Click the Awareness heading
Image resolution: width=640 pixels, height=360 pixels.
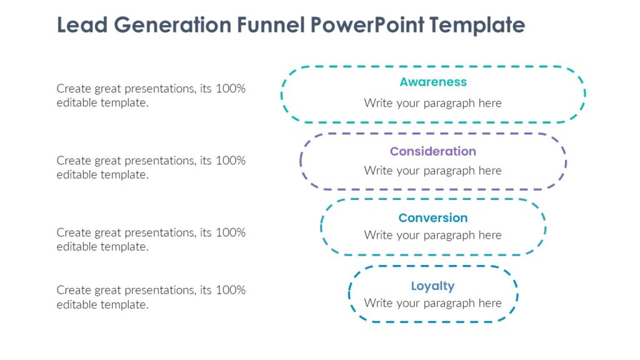433,82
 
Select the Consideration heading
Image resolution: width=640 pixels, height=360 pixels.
433,151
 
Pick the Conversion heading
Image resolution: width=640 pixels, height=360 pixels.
433,218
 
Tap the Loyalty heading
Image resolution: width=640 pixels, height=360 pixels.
432,286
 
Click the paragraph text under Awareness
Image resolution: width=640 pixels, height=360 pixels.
433,103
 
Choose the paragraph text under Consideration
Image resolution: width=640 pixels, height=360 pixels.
433,171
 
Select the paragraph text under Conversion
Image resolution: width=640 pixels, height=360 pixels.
433,236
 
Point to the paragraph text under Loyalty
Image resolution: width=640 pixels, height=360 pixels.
433,303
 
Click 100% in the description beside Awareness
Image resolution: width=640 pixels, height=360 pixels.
231,89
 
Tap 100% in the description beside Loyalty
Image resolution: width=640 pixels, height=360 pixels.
231,290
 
